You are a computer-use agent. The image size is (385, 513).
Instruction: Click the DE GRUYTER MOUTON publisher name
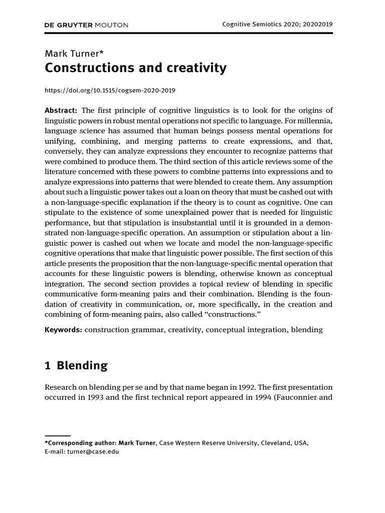coord(87,25)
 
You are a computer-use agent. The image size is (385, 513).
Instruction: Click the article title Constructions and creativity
coord(136,69)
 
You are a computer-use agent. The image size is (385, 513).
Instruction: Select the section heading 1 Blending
coord(76,366)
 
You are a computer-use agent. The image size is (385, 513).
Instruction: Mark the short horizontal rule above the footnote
coord(58,436)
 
